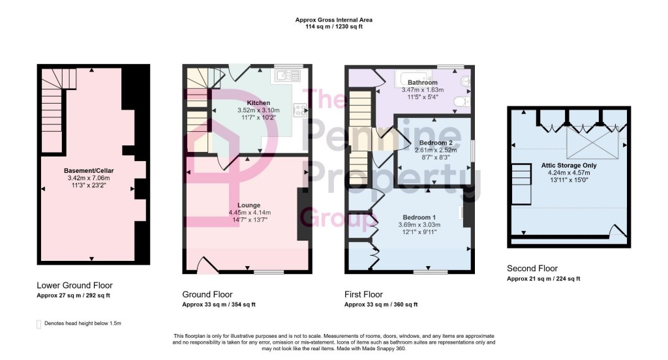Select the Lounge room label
click(x=249, y=205)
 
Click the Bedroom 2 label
click(x=436, y=143)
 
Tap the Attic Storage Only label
click(x=568, y=166)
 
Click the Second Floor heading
click(x=532, y=269)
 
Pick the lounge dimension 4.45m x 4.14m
click(x=249, y=213)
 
